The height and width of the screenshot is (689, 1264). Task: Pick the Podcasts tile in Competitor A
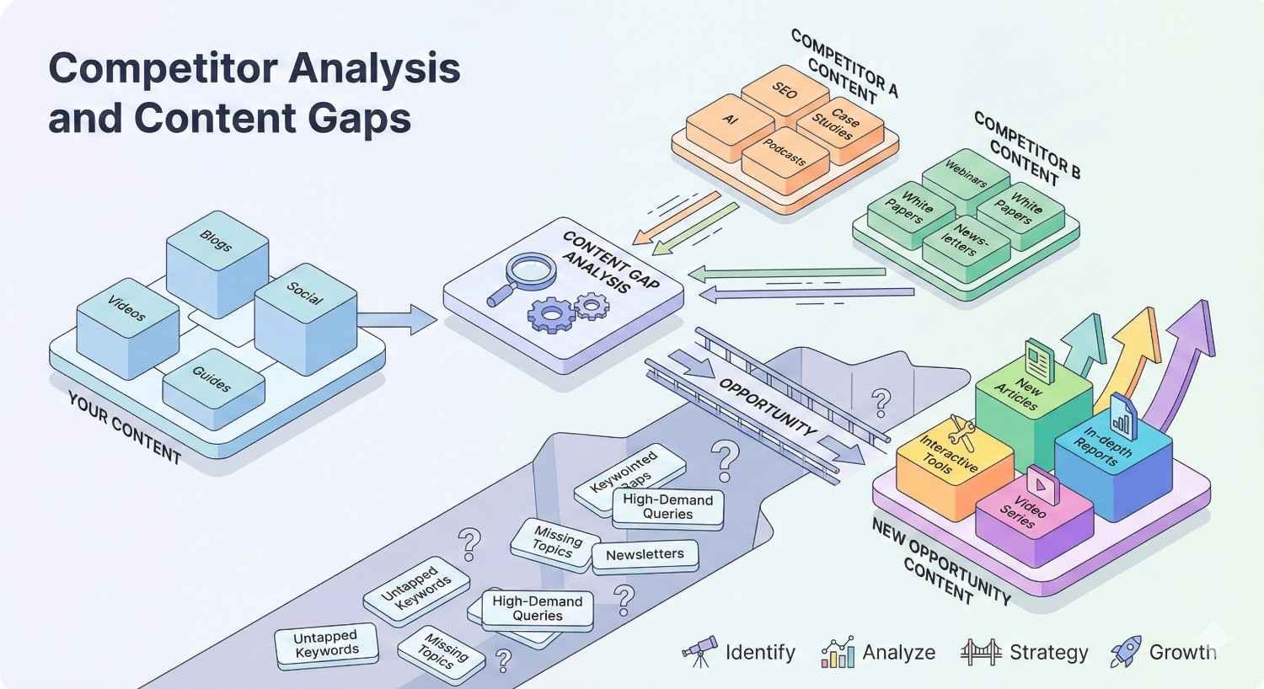[785, 158]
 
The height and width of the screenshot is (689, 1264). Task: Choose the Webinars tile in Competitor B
[966, 173]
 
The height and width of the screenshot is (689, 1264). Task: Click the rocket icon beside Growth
[1126, 651]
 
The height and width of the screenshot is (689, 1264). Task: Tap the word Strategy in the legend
[1048, 653]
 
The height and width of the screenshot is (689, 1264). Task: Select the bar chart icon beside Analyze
[838, 653]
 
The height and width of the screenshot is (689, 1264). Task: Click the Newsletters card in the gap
[645, 554]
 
